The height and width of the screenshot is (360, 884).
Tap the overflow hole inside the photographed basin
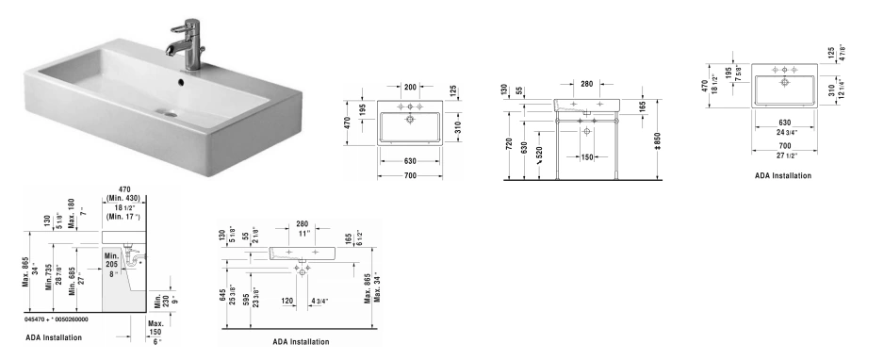tap(180, 82)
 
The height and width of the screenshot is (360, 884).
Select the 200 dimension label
tap(410, 87)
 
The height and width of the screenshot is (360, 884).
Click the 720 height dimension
tap(509, 144)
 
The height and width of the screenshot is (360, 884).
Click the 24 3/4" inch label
tap(785, 132)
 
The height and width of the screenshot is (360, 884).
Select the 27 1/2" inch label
tap(785, 155)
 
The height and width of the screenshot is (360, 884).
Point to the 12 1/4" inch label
tap(842, 90)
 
